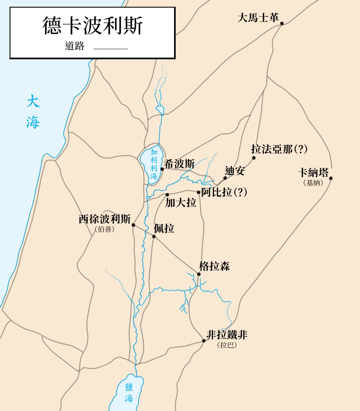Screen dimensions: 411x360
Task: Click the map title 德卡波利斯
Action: (x=92, y=26)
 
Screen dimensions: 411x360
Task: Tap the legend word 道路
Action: (x=74, y=46)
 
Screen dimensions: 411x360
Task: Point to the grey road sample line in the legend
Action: (x=110, y=49)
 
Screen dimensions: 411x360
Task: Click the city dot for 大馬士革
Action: (x=282, y=23)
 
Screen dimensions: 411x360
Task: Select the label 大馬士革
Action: (x=258, y=18)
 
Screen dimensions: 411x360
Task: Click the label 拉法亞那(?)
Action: (x=279, y=149)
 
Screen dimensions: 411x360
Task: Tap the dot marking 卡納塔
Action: (x=331, y=178)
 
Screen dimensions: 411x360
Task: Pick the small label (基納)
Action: (x=313, y=183)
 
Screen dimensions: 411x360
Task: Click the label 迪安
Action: (x=235, y=171)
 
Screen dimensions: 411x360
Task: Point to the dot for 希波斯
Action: (x=162, y=169)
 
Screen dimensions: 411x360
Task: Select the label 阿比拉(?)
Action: (x=224, y=192)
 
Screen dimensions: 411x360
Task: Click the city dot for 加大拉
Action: (x=167, y=195)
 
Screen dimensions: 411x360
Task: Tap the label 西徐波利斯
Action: (x=105, y=219)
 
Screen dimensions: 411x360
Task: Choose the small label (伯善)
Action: (x=105, y=229)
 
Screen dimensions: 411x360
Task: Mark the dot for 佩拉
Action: (x=154, y=237)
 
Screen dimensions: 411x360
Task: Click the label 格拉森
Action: (x=214, y=266)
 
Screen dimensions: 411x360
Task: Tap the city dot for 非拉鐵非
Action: (x=204, y=341)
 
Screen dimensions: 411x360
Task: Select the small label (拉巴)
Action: (x=227, y=345)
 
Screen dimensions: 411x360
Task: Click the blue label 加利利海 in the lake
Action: (x=154, y=164)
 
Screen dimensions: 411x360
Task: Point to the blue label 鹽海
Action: (x=129, y=393)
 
